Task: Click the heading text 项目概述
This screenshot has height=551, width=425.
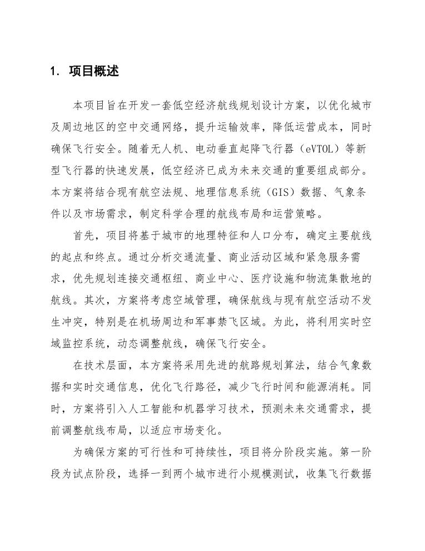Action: [94, 71]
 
